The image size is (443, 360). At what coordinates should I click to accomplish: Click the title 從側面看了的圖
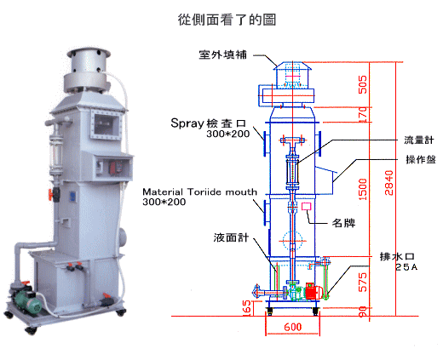227,20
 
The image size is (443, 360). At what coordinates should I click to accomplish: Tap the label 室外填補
223,54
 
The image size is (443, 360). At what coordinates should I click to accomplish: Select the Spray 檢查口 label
208,123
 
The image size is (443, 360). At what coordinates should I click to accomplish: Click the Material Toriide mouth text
199,192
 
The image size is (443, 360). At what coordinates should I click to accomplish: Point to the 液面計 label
231,237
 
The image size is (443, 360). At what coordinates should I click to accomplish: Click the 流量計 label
419,140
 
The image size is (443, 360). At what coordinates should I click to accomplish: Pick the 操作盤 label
421,159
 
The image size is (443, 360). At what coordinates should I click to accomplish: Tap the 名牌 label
343,223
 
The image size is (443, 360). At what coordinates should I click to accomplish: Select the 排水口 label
397,256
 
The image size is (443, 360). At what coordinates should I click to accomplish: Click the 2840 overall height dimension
388,183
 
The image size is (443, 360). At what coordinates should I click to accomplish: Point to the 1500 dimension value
363,189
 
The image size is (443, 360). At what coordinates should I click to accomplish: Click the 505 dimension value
363,84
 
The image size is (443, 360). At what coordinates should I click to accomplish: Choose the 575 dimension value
363,283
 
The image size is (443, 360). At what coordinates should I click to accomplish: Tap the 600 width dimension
293,327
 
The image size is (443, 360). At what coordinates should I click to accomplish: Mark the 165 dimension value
247,307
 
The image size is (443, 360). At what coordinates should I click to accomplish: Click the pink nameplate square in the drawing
307,206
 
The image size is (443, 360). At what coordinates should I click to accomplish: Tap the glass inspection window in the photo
106,124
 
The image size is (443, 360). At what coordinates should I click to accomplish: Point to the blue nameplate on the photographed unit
72,197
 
